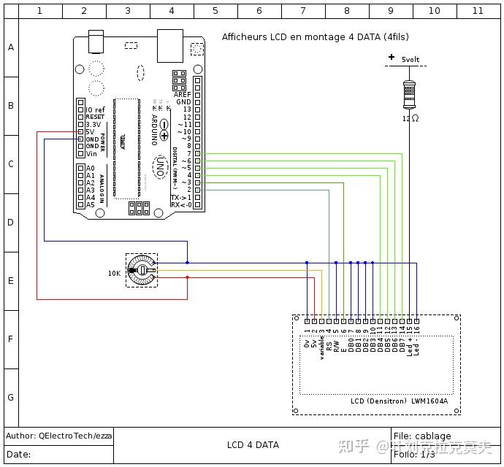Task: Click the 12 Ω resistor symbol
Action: pyautogui.click(x=410, y=93)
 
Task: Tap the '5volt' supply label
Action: pyautogui.click(x=411, y=58)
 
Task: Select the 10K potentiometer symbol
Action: pyautogui.click(x=142, y=271)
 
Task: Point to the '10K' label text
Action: pyautogui.click(x=115, y=273)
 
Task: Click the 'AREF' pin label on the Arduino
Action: pyautogui.click(x=183, y=95)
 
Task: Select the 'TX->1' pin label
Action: pyautogui.click(x=180, y=198)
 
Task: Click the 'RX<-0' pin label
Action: pyautogui.click(x=180, y=205)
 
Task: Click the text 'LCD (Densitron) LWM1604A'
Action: pyautogui.click(x=399, y=401)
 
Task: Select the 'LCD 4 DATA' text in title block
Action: pyautogui.click(x=253, y=445)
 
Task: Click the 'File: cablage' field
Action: pyautogui.click(x=422, y=436)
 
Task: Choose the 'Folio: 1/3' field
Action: pyautogui.click(x=415, y=454)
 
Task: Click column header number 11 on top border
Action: pyautogui.click(x=478, y=11)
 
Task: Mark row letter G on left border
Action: pyautogui.click(x=10, y=398)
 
